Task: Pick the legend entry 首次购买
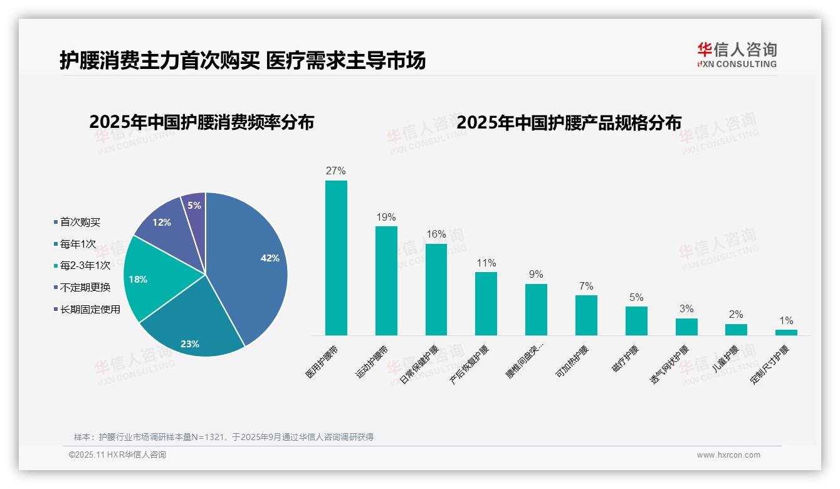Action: point(80,222)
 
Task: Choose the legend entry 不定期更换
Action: point(85,287)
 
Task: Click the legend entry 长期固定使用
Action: point(90,309)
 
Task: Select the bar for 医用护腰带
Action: point(336,258)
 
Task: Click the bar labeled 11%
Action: point(486,303)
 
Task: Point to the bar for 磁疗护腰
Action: point(636,320)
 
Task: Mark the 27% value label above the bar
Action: point(335,171)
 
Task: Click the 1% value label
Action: point(786,320)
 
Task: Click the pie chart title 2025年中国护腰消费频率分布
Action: point(201,122)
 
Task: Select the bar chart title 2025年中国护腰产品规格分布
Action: point(569,122)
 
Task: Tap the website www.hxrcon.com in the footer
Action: point(728,455)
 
